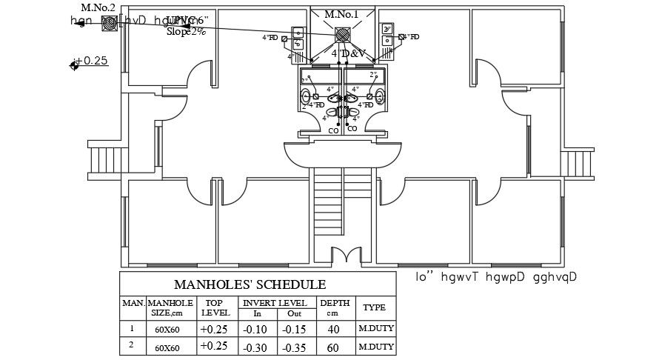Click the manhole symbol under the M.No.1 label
point(342,36)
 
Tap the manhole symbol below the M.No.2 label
point(109,23)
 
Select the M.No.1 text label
point(341,14)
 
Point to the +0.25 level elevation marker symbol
point(74,66)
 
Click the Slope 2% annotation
point(186,32)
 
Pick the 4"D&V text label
point(349,54)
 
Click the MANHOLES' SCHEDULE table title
point(249,284)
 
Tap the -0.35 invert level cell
point(294,347)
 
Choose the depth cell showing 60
point(332,347)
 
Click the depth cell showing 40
point(332,329)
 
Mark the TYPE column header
point(374,307)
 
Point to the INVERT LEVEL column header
point(273,302)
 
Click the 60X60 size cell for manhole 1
point(167,329)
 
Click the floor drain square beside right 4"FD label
point(401,36)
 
